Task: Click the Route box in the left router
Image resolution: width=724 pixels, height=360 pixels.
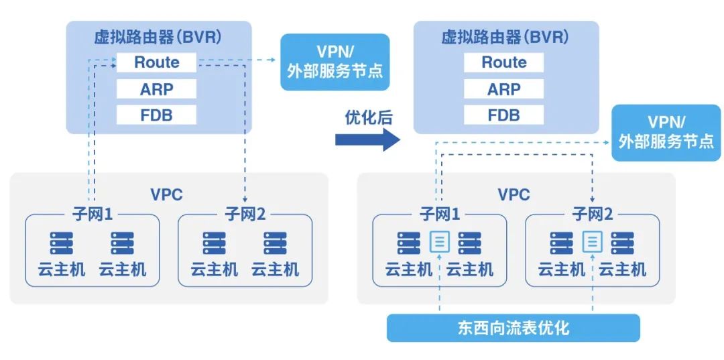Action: click(156, 62)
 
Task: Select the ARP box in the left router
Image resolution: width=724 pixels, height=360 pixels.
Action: click(156, 89)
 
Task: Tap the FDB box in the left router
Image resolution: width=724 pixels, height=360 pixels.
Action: click(156, 115)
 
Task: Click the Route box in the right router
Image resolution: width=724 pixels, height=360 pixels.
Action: click(503, 62)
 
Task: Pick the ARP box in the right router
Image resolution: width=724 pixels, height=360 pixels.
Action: click(503, 89)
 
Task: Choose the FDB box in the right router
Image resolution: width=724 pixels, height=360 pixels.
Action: click(503, 115)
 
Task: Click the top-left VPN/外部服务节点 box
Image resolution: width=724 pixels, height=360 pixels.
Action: click(335, 62)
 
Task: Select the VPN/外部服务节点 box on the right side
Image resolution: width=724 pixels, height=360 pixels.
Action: click(666, 132)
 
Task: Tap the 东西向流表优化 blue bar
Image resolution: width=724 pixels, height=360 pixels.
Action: click(514, 328)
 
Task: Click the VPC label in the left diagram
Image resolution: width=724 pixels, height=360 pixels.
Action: click(166, 194)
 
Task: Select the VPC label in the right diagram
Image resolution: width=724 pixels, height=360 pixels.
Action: click(514, 194)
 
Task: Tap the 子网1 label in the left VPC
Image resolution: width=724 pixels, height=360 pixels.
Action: click(92, 215)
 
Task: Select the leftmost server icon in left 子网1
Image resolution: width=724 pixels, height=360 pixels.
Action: click(61, 243)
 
